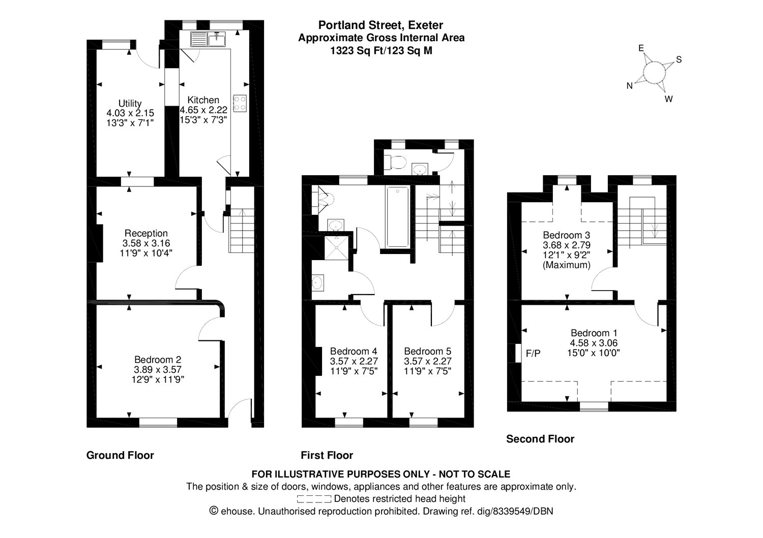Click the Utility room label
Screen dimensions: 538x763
130,104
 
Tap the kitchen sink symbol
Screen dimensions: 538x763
209,38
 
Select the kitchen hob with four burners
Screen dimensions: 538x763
240,104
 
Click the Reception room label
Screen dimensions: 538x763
146,234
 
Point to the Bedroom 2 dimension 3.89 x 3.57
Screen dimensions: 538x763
158,370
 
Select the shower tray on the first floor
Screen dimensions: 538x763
337,246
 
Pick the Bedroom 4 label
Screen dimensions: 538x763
354,352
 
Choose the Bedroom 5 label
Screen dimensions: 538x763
427,352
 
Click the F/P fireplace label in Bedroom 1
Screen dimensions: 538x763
533,354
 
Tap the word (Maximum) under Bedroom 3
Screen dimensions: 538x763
567,265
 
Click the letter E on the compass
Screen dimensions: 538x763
642,48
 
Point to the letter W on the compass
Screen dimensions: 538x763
668,99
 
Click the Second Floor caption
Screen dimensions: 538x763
540,439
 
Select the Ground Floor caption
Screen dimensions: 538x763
120,455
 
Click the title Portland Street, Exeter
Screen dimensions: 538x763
380,25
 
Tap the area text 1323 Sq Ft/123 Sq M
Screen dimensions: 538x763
381,51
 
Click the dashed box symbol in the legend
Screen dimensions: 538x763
314,499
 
